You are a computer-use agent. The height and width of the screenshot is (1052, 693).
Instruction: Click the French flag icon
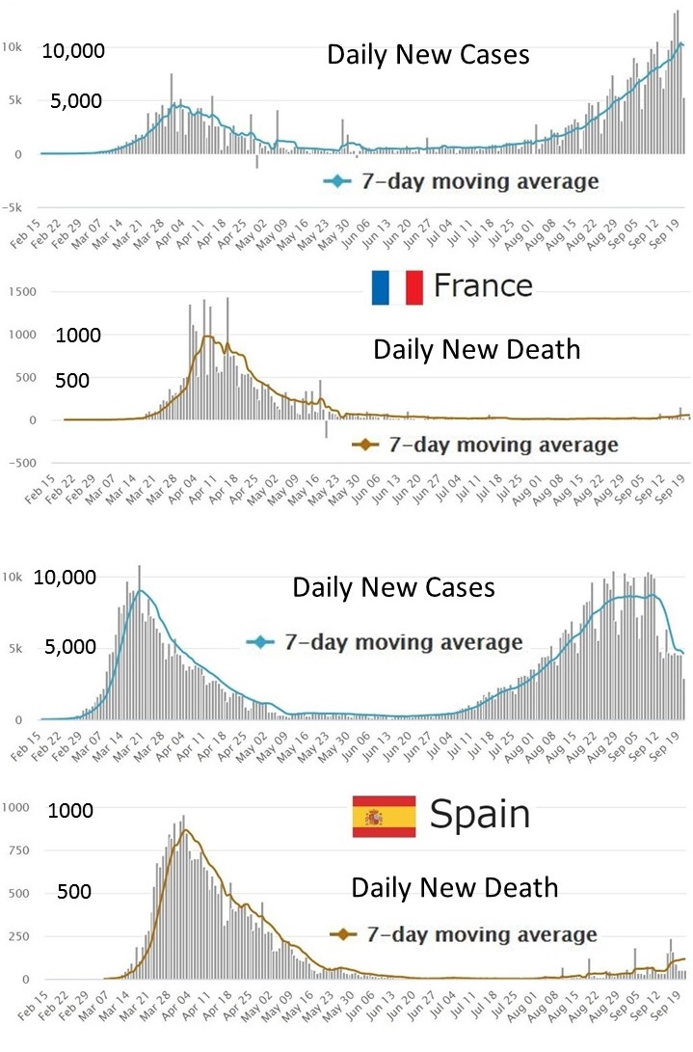click(397, 286)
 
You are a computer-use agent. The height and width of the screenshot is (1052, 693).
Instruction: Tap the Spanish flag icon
click(384, 816)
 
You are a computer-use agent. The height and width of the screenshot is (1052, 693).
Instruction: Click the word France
click(483, 285)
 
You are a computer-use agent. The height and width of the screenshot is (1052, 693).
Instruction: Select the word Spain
click(480, 815)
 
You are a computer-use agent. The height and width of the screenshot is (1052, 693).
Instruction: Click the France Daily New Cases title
click(428, 55)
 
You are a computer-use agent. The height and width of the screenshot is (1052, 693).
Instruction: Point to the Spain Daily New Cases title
click(393, 587)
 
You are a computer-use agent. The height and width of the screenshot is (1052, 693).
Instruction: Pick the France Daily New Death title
click(477, 349)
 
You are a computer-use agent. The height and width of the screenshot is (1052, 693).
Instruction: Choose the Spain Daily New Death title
click(455, 887)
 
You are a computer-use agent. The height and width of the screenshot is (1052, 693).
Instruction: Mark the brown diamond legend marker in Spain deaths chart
click(340, 934)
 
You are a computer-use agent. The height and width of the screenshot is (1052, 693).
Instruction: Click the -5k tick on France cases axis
click(16, 207)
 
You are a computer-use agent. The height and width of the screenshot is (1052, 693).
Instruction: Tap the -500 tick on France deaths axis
click(19, 462)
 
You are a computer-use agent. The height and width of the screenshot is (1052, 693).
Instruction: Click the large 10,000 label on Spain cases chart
click(65, 579)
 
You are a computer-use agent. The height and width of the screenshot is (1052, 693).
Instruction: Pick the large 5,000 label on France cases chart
click(76, 100)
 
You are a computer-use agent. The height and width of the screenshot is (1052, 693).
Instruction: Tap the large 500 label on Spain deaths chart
click(73, 892)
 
